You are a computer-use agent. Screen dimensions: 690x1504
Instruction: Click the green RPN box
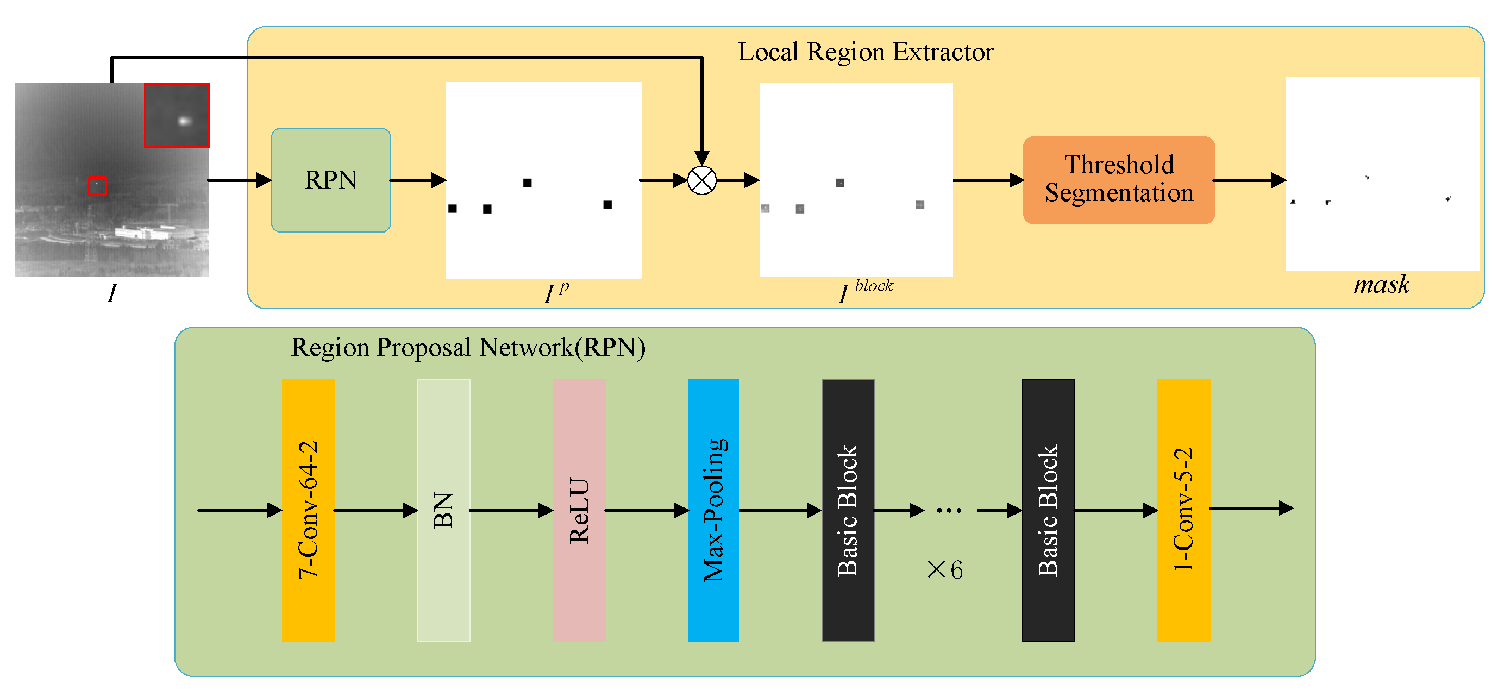pos(330,180)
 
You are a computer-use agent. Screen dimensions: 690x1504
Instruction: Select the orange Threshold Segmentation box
pos(1119,180)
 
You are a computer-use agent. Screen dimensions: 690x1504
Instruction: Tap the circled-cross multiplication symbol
pos(701,180)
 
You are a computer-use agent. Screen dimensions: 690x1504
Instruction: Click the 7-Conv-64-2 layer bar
pos(308,510)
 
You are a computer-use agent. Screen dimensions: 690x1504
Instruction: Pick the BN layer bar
pos(443,510)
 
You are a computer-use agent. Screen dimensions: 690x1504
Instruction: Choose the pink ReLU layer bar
pos(579,510)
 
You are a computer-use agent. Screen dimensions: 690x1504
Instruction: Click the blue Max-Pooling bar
pos(713,510)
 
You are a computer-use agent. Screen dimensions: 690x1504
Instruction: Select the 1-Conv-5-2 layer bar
pos(1183,510)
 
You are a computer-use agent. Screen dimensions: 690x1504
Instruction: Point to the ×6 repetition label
pos(945,570)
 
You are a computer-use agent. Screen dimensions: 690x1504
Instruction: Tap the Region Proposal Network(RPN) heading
pos(468,347)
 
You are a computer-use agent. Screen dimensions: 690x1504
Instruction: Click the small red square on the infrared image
pos(97,186)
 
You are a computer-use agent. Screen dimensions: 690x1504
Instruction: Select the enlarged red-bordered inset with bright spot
pos(177,115)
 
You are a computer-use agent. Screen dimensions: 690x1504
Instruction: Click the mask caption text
pos(1381,285)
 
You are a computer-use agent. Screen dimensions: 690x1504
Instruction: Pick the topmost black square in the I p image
pos(527,183)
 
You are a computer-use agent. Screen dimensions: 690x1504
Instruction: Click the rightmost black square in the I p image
pos(607,205)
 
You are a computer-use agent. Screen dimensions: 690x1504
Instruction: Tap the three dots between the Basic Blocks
pos(949,511)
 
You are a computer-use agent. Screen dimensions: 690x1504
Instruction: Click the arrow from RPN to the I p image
pos(417,180)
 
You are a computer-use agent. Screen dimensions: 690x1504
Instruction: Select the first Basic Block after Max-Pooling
pos(848,510)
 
